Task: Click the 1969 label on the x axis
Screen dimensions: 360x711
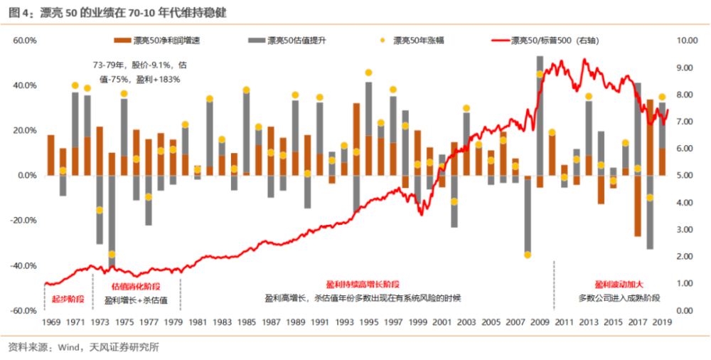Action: (51, 322)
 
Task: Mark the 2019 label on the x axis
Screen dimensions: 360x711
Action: (662, 322)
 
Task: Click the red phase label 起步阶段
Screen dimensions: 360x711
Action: (68, 299)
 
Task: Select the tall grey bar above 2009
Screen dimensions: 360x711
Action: (540, 107)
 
